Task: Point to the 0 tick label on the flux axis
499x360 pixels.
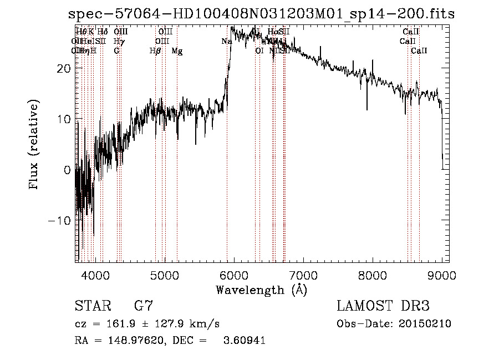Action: click(67, 170)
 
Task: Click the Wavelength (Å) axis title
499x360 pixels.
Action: click(261, 290)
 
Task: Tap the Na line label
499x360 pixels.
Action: click(226, 42)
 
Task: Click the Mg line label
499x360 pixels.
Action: click(177, 51)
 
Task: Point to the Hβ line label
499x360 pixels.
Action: click(155, 51)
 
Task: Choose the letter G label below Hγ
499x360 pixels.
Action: click(116, 51)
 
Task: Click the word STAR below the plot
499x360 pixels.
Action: click(92, 306)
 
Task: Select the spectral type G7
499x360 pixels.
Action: click(144, 306)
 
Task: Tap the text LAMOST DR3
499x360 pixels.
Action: click(383, 306)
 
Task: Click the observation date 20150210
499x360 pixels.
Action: click(429, 324)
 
